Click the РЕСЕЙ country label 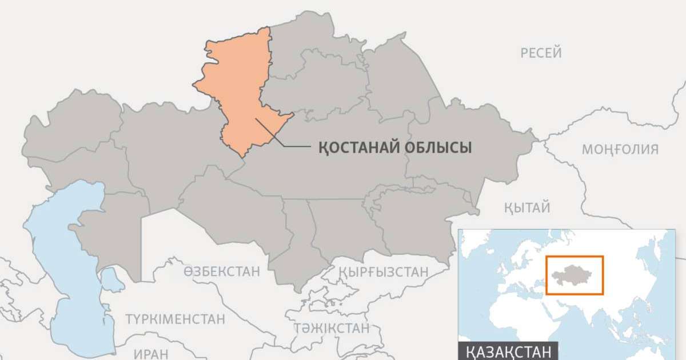[x=541, y=53]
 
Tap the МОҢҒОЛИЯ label [x=620, y=150]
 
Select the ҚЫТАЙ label [x=527, y=207]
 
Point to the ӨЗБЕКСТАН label [x=222, y=271]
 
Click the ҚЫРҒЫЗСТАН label [x=383, y=271]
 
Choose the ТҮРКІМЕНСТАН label [x=175, y=319]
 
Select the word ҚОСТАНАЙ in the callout [x=352, y=148]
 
